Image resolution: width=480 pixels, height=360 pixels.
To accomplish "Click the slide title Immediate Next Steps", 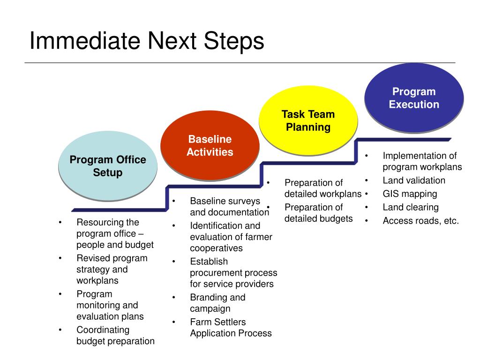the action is pos(147,41).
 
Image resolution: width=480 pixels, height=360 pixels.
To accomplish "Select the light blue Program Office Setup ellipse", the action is pos(108,166).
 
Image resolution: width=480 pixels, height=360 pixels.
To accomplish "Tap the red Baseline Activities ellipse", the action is pos(210,145).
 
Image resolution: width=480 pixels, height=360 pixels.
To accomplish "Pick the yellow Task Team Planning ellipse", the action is pos(308,120).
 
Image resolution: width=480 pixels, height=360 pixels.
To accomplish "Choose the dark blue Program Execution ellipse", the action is pos(414,98).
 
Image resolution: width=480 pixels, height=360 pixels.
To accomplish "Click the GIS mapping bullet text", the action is pos(410,194).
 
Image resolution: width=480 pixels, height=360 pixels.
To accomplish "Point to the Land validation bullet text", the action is pos(414,180).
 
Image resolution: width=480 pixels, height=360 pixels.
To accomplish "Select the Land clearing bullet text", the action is pos(411,207).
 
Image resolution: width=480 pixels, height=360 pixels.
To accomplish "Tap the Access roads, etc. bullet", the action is pos(420,221).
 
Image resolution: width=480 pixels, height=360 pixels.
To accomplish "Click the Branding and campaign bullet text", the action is pos(217,303).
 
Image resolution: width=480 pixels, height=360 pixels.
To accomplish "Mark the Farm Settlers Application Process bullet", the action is pos(231,328).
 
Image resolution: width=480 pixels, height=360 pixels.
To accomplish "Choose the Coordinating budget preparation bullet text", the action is pos(115,335).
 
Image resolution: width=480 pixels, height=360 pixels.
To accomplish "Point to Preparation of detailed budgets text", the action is pos(318,213).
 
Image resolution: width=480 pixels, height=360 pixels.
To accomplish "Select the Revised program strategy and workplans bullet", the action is pos(112,270).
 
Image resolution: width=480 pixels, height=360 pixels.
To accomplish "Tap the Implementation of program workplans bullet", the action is pos(422,161).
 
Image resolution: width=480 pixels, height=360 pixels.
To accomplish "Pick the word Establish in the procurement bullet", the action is pos(209,262).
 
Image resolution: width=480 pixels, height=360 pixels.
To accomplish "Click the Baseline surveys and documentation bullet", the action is pos(229,207).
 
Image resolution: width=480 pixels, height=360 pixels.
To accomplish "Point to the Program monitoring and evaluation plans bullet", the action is pos(110,305).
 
